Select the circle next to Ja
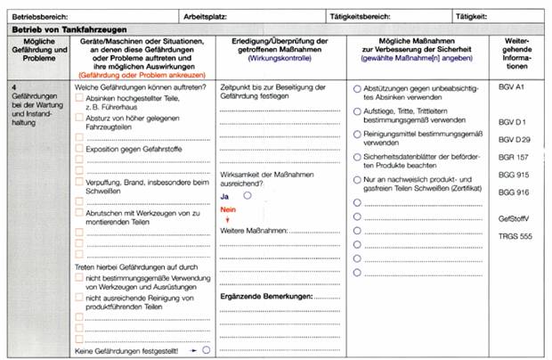click(248, 195)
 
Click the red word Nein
click(227, 209)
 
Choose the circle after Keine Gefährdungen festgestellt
click(207, 350)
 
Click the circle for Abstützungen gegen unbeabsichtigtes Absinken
click(357, 88)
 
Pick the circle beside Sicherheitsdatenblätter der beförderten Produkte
click(357, 156)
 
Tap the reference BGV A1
click(511, 88)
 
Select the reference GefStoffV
click(513, 217)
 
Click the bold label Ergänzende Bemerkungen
click(266, 296)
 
